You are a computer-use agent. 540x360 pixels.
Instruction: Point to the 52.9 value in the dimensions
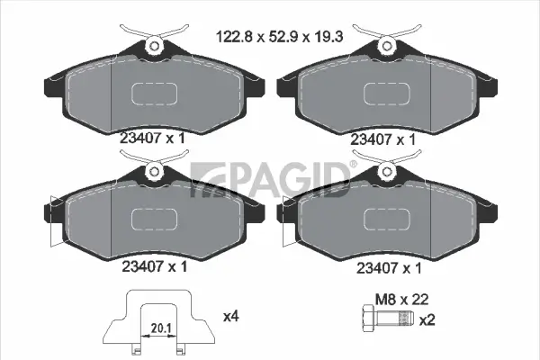coord(279,39)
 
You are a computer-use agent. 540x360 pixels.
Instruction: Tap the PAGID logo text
coord(270,179)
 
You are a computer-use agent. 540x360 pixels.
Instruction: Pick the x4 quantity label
coord(229,316)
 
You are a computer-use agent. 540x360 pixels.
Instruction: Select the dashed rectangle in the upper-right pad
coord(388,95)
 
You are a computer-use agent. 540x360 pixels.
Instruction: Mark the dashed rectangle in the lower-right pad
coord(388,220)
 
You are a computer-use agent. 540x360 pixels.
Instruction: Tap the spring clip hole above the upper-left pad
coord(155,45)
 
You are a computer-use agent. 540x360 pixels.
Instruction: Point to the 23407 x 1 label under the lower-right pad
coord(388,267)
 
